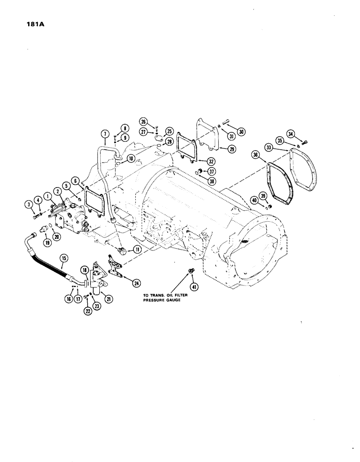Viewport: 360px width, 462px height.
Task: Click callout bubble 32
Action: pyautogui.click(x=212, y=162)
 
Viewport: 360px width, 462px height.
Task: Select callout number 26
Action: pyautogui.click(x=144, y=122)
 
